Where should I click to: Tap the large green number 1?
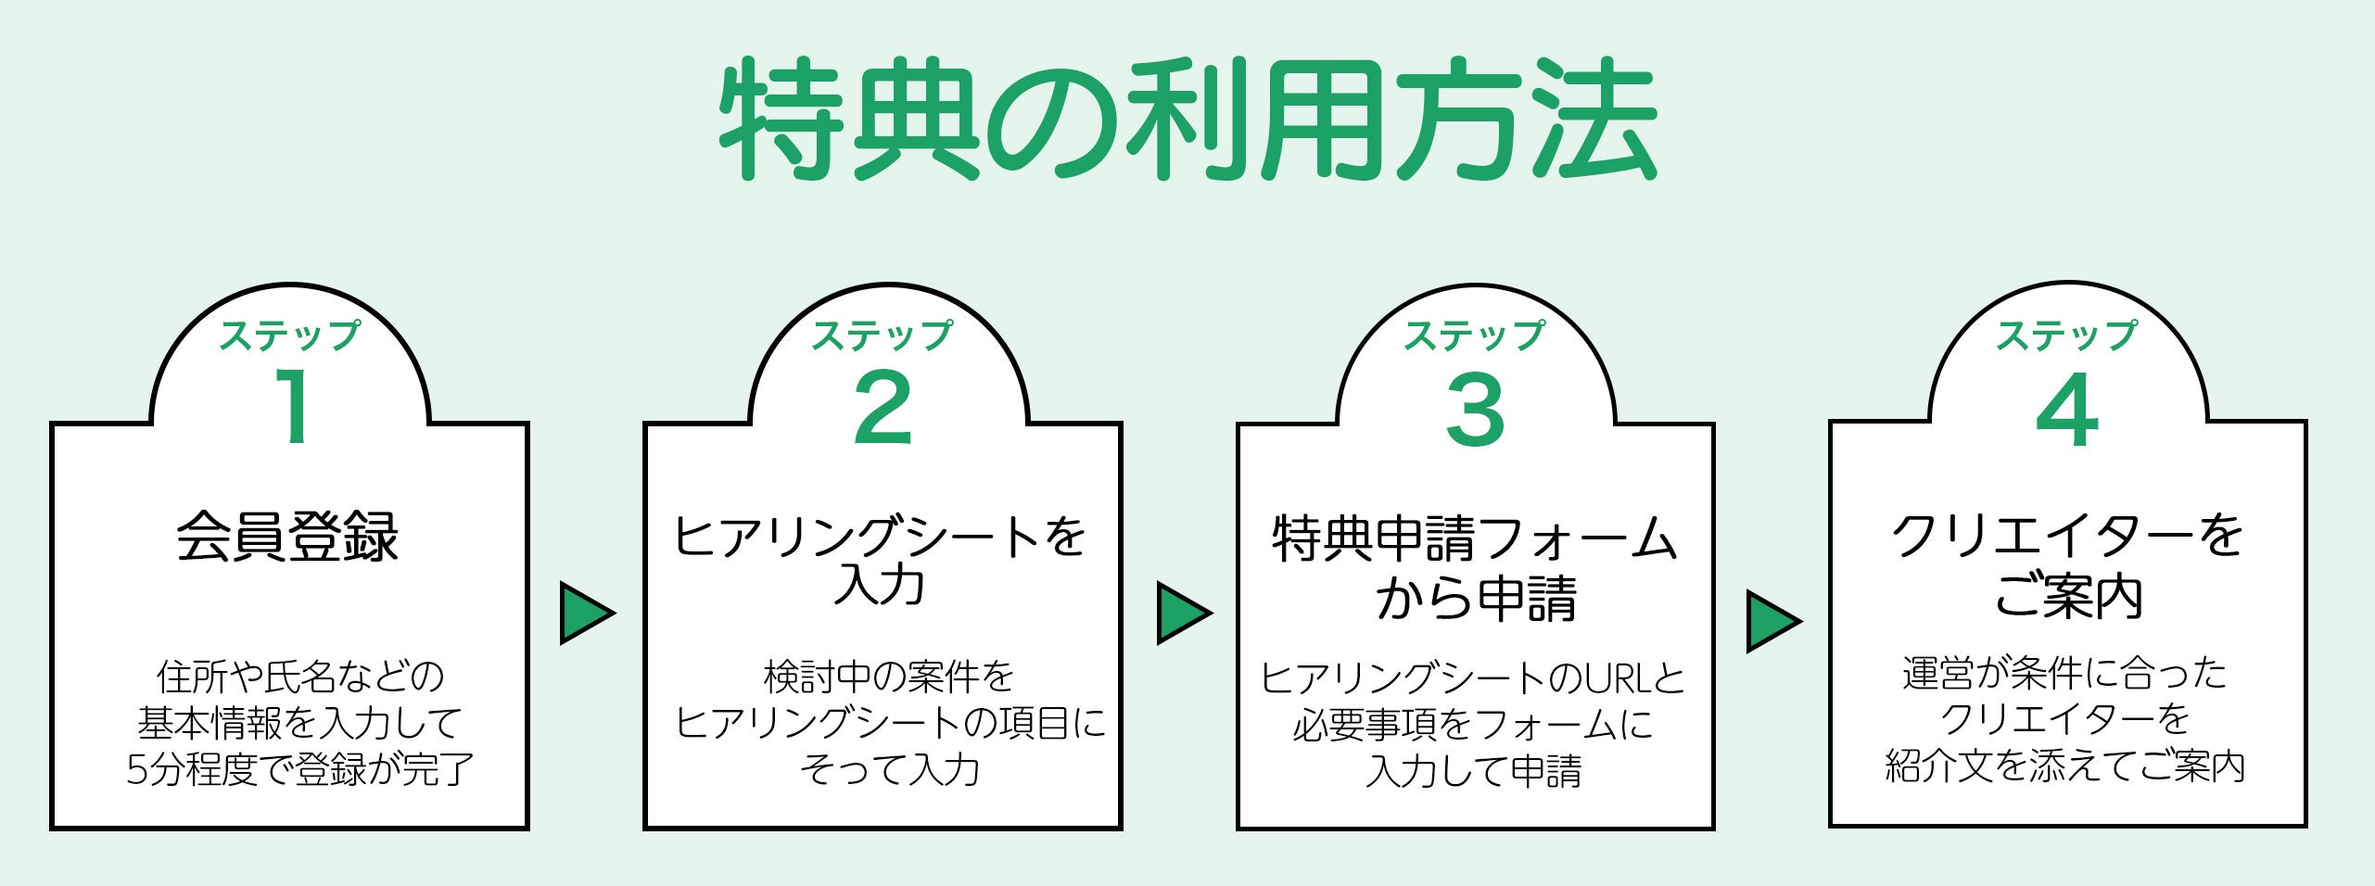pos(295,406)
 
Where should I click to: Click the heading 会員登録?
pos(288,537)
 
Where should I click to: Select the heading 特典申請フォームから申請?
pos(1475,567)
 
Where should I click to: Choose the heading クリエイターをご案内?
pos(2067,565)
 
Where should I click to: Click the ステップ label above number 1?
pos(289,335)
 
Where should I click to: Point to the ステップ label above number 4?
pos(2066,335)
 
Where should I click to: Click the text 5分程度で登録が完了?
pos(300,769)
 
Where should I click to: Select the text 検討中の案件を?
pos(889,677)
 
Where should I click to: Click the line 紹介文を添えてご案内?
pos(2065,766)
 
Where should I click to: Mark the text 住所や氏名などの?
pos(300,677)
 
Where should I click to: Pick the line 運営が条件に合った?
pos(2065,674)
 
